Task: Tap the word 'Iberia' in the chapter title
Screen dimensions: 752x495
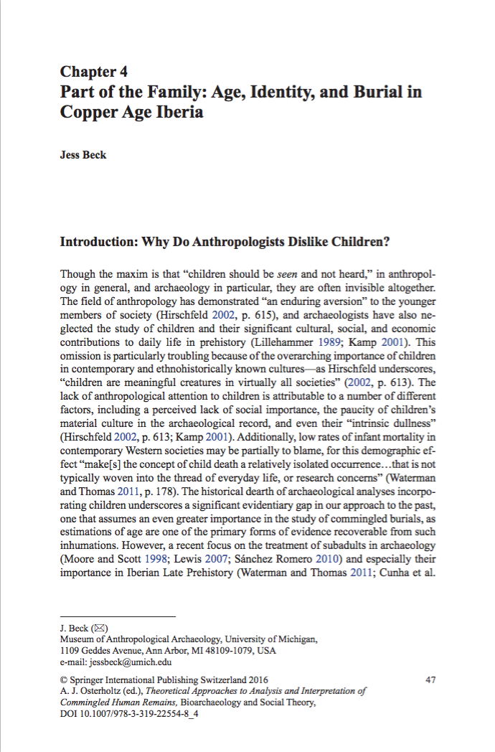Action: point(176,113)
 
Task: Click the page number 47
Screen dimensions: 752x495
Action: point(430,680)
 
